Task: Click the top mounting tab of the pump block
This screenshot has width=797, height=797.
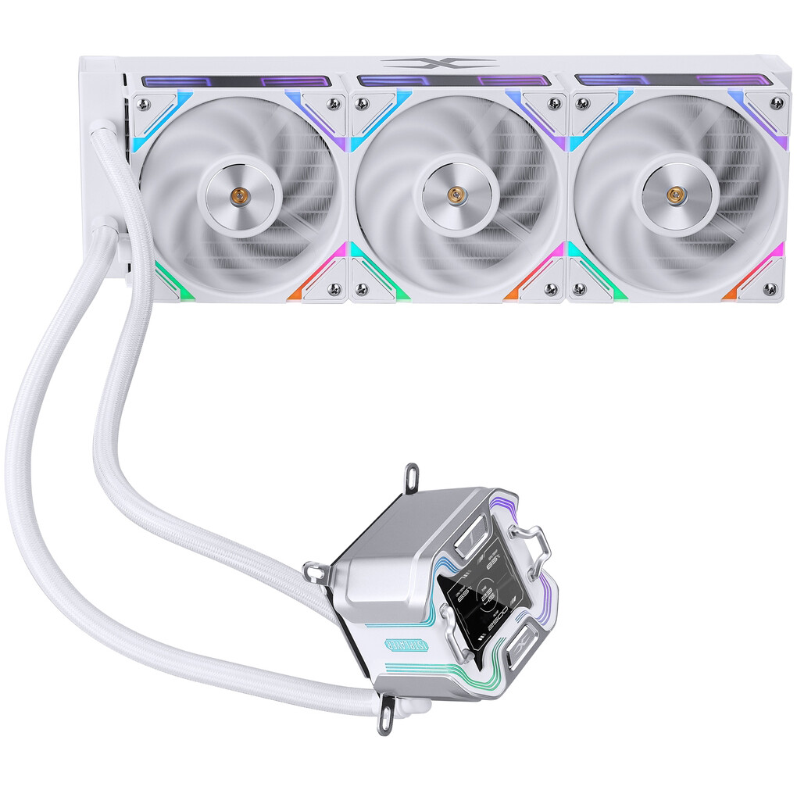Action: coord(409,476)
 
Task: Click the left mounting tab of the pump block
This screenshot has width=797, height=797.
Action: coord(313,573)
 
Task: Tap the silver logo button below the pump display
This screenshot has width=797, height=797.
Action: coord(522,648)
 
